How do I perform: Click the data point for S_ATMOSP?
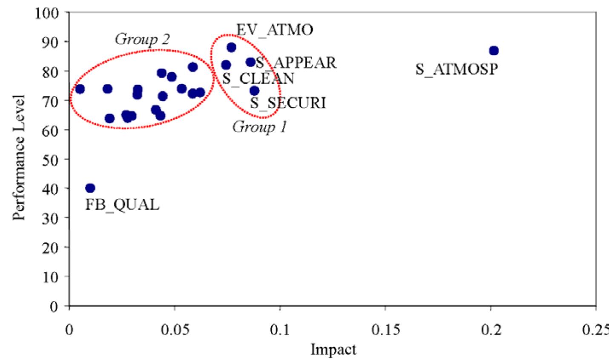[494, 51]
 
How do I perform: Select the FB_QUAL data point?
[90, 188]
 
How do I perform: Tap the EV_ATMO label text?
[275, 30]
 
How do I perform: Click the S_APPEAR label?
[296, 63]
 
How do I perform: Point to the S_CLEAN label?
[258, 79]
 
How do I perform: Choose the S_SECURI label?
[288, 103]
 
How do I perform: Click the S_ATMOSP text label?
[457, 69]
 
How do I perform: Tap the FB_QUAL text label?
[122, 205]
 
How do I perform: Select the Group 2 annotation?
[143, 39]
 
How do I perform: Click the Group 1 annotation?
[260, 127]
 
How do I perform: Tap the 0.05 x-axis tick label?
[175, 330]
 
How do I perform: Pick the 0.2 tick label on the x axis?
[491, 330]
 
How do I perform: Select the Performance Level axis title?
[19, 157]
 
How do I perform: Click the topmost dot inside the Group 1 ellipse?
[231, 48]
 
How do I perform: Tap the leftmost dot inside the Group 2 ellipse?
[80, 89]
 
